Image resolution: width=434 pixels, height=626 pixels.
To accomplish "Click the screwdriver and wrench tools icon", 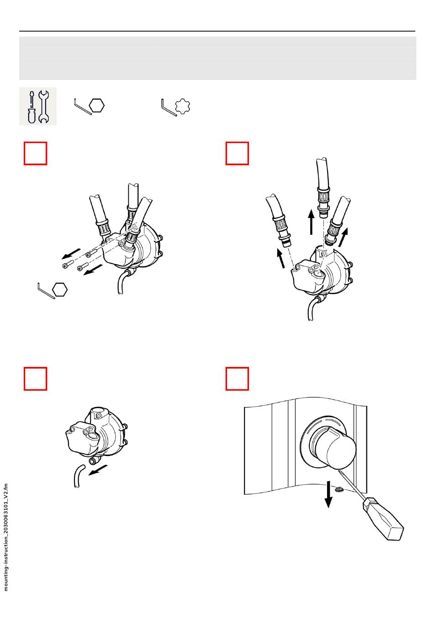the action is pos(38,106).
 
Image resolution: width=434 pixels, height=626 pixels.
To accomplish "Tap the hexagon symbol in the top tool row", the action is pos(97,106).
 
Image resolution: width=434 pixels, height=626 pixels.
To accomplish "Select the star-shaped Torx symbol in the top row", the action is pos(183,106).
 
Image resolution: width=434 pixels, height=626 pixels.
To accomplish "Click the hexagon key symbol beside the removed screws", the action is pos(60,290).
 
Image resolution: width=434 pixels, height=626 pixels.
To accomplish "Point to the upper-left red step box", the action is pos(36,153).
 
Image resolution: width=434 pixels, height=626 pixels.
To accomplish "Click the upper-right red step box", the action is pos(237,153).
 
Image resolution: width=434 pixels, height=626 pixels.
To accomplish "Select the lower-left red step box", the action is pos(36,379).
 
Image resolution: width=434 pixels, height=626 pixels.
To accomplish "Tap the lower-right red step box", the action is pos(237,379).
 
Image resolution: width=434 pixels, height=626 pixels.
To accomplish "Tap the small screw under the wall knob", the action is pos(339,490).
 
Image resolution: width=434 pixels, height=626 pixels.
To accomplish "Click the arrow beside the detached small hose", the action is pos(98,470).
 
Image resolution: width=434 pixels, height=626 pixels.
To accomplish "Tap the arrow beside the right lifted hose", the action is pos(343,237).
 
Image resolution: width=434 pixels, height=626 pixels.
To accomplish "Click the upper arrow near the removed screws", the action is pos(72,253).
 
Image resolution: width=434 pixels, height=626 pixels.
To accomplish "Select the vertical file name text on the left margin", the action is pos(6,537).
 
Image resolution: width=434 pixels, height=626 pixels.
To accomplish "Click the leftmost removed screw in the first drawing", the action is pos(65,266).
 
